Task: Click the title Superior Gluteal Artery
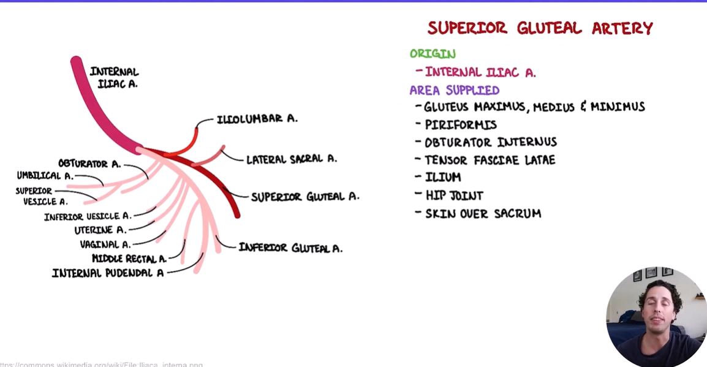(540, 28)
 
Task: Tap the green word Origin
(433, 54)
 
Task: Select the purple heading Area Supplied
(454, 90)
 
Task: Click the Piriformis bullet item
(461, 124)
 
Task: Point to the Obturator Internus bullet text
(490, 142)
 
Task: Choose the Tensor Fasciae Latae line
(490, 160)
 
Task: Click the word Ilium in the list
(443, 177)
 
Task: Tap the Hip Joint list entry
(454, 195)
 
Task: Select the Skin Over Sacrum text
(483, 214)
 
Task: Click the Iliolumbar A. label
(257, 119)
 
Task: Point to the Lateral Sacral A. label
(291, 159)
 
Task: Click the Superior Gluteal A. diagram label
(305, 197)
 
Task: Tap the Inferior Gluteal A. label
(290, 248)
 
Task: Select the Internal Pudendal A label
(108, 273)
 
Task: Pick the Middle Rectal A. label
(129, 259)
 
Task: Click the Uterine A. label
(100, 230)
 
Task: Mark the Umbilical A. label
(45, 176)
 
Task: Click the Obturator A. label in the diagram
(89, 164)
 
